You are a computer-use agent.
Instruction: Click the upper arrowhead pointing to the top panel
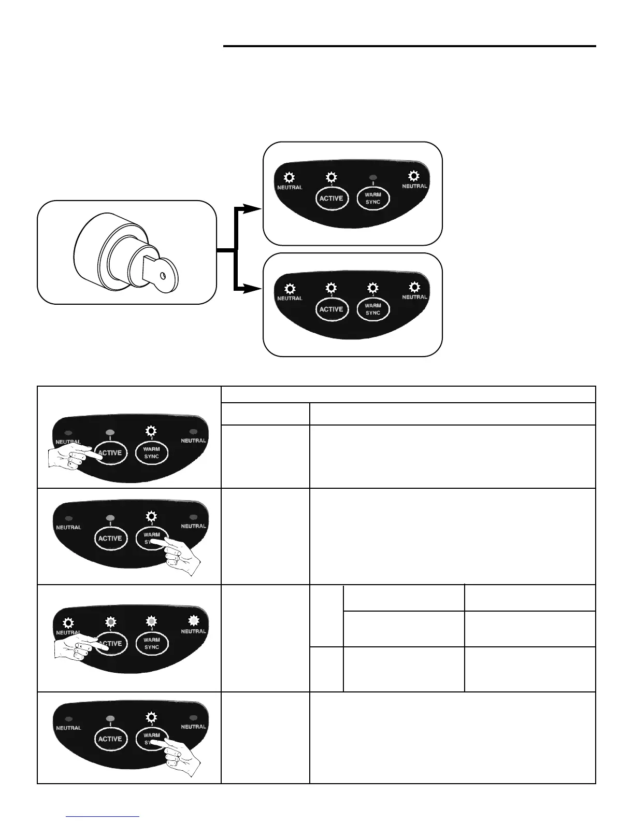[x=252, y=209]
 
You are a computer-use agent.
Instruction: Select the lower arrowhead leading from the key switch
[x=252, y=289]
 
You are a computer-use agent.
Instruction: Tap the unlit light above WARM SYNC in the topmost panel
[x=373, y=178]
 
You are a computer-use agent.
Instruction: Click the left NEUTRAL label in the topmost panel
[x=290, y=187]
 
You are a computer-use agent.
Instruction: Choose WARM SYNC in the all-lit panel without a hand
[x=373, y=309]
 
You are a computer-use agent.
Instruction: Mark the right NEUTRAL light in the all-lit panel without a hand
[x=414, y=287]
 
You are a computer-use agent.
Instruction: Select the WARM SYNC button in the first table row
[x=152, y=452]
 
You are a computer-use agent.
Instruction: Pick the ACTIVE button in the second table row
[x=110, y=538]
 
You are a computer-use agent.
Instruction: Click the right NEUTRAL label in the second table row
[x=194, y=526]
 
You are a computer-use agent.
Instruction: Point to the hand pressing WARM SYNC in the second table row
[x=181, y=555]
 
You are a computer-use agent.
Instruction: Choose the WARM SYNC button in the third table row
[x=152, y=643]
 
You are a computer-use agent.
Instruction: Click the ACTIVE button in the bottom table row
[x=110, y=739]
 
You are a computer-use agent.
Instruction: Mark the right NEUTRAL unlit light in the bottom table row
[x=194, y=718]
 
